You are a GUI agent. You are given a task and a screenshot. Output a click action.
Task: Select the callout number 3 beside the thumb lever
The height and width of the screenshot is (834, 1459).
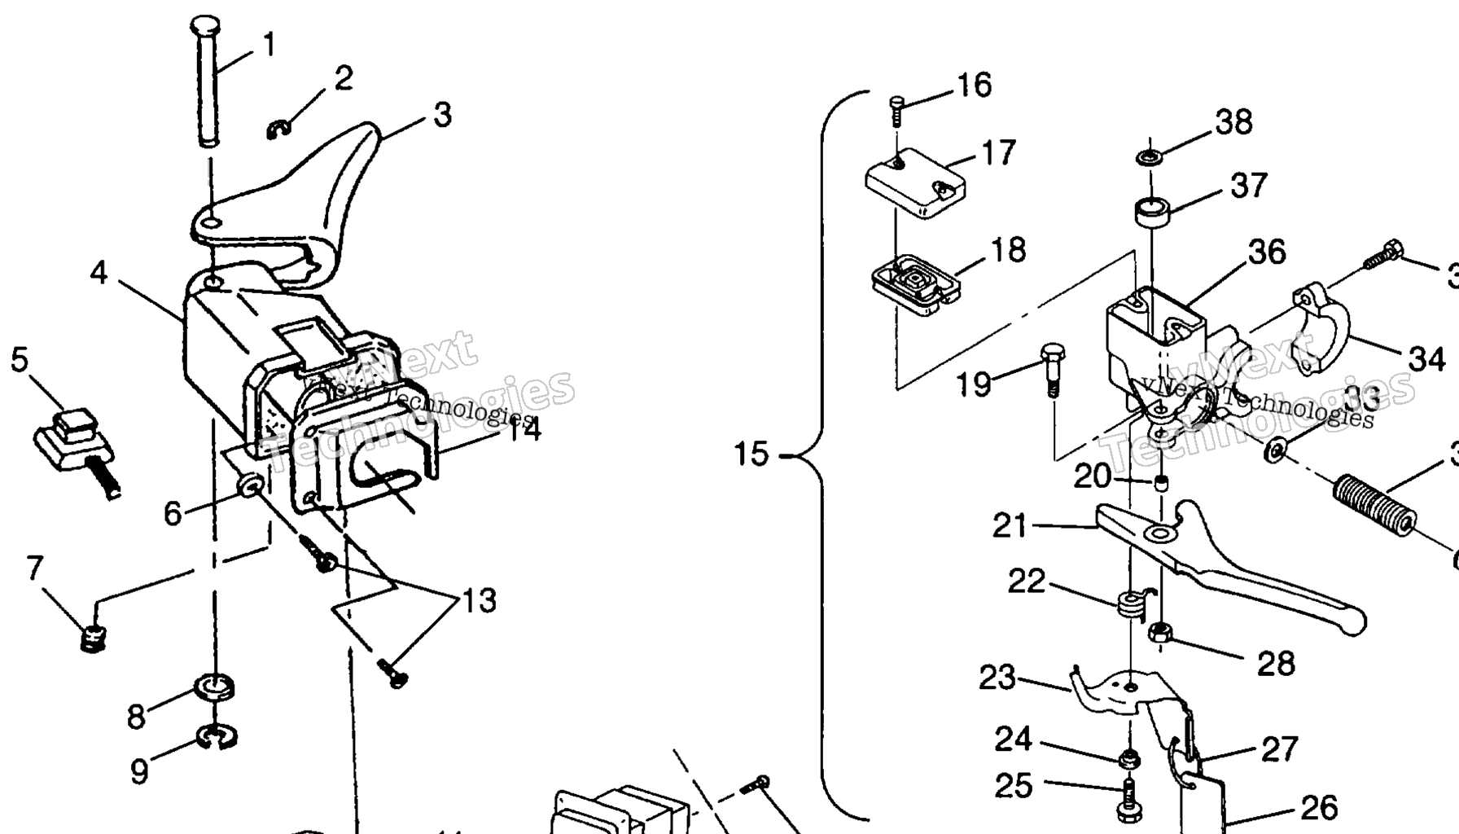pyautogui.click(x=442, y=116)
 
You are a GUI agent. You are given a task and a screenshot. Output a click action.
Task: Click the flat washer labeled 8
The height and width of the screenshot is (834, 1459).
pyautogui.click(x=215, y=687)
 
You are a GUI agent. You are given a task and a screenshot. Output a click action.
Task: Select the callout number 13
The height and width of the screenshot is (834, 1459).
pyautogui.click(x=479, y=601)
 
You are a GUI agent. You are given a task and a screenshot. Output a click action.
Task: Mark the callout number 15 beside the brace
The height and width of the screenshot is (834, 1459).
pyautogui.click(x=751, y=454)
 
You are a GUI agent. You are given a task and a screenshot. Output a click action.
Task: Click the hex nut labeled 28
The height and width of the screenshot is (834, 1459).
pyautogui.click(x=1159, y=632)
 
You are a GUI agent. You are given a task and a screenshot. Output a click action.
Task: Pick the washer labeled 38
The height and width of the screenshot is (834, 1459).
pyautogui.click(x=1148, y=155)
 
